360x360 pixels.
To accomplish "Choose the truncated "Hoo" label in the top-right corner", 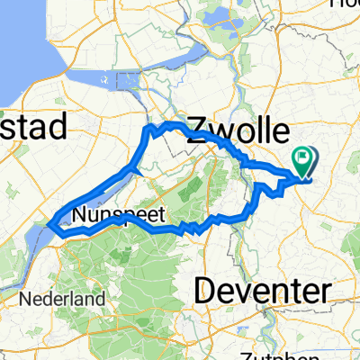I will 346,4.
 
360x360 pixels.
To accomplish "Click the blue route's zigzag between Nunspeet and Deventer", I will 190,229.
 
